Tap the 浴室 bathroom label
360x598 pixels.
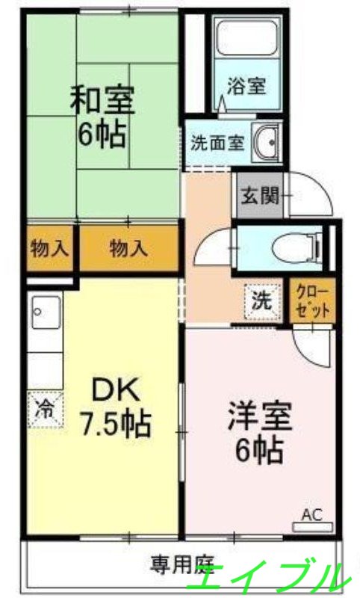pos(246,86)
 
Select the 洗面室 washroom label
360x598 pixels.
pos(217,142)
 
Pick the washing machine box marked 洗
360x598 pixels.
pos(261,300)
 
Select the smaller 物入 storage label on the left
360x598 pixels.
pos(49,249)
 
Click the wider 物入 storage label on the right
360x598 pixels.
pos(129,249)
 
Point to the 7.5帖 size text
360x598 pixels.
pos(116,425)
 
